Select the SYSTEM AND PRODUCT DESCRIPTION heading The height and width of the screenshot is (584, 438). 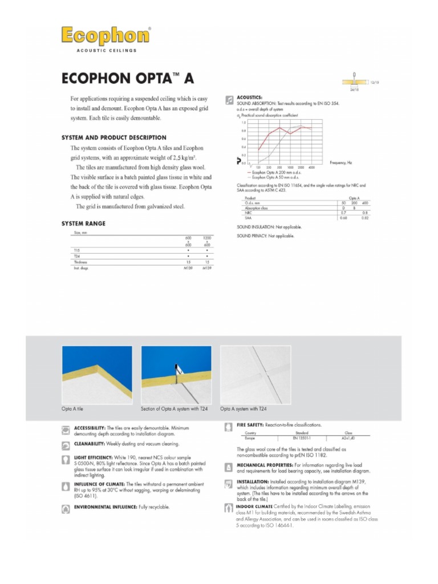point(113,137)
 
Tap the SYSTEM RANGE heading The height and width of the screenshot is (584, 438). point(83,224)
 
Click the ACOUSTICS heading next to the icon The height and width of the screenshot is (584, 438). point(249,98)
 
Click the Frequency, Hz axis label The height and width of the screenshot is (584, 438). point(340,163)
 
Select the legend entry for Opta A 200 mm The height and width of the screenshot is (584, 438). point(270,172)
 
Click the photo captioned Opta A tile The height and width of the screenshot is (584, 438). point(96,375)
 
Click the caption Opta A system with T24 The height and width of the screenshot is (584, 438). point(243,409)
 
